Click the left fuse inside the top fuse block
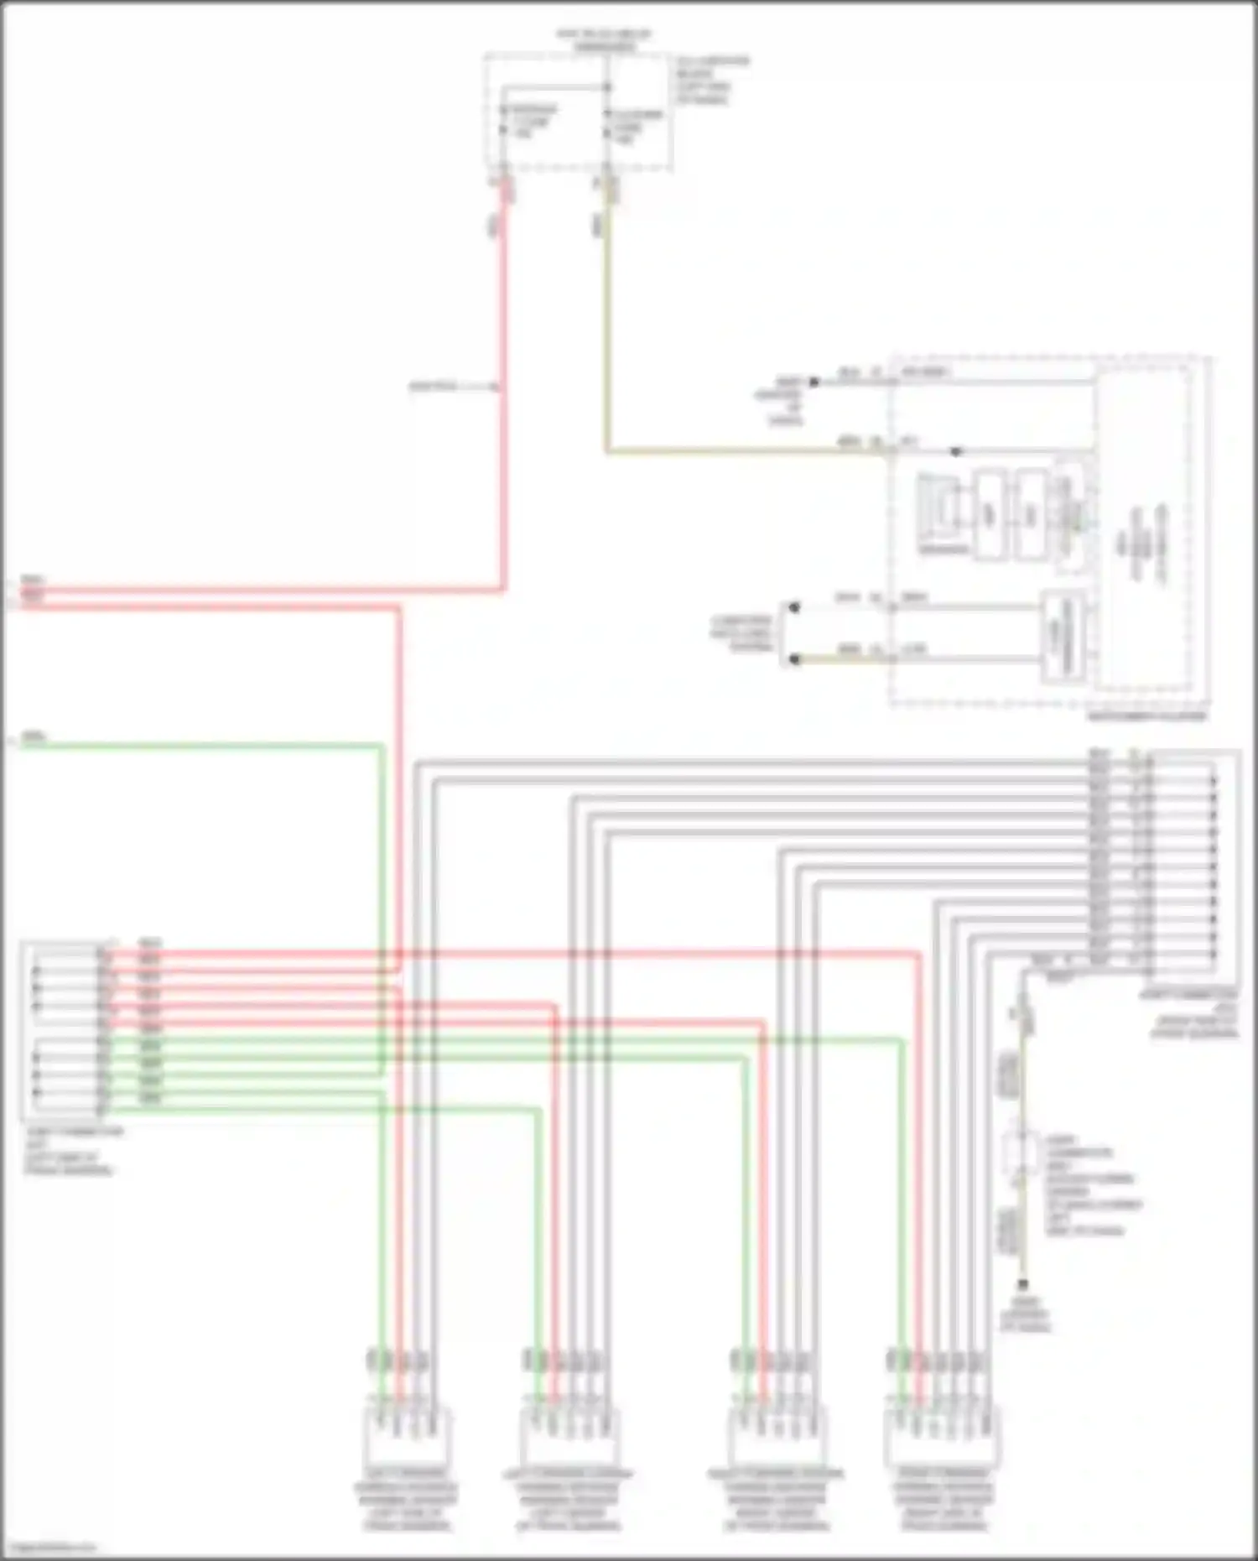(503, 121)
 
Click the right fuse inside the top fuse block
(608, 124)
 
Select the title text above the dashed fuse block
(604, 39)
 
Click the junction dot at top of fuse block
(607, 86)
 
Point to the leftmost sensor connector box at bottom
(406, 1437)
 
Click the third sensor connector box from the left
(775, 1437)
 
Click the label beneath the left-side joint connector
(74, 1151)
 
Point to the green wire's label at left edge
(34, 737)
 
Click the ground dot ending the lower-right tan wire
(1022, 1284)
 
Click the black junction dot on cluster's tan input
(955, 452)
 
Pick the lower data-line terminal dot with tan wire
(794, 660)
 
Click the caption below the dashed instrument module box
(1146, 716)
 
